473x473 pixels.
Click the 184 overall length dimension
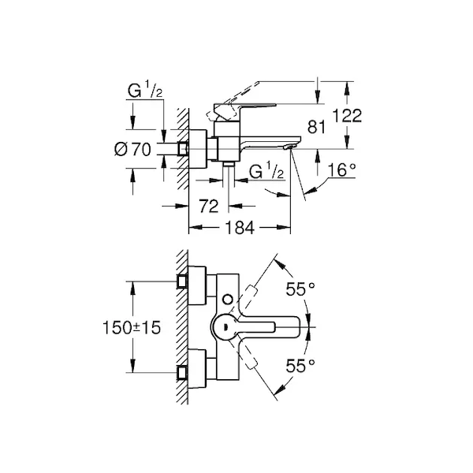(240, 228)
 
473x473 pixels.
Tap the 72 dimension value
(208, 207)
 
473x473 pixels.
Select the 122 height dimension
(347, 116)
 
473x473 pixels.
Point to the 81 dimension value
(316, 127)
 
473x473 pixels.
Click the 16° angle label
(341, 169)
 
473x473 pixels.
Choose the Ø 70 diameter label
(132, 149)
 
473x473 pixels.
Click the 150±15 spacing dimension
(132, 328)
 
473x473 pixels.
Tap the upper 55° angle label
(300, 289)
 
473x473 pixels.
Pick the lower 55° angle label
(300, 366)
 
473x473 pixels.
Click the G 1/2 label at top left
(145, 90)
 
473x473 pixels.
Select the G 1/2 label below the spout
(266, 171)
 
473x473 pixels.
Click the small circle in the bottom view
(228, 300)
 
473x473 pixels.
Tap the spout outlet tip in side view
(289, 147)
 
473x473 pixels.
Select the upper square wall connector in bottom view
(182, 281)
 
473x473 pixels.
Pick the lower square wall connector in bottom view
(182, 373)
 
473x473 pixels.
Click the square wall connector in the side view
(182, 149)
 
